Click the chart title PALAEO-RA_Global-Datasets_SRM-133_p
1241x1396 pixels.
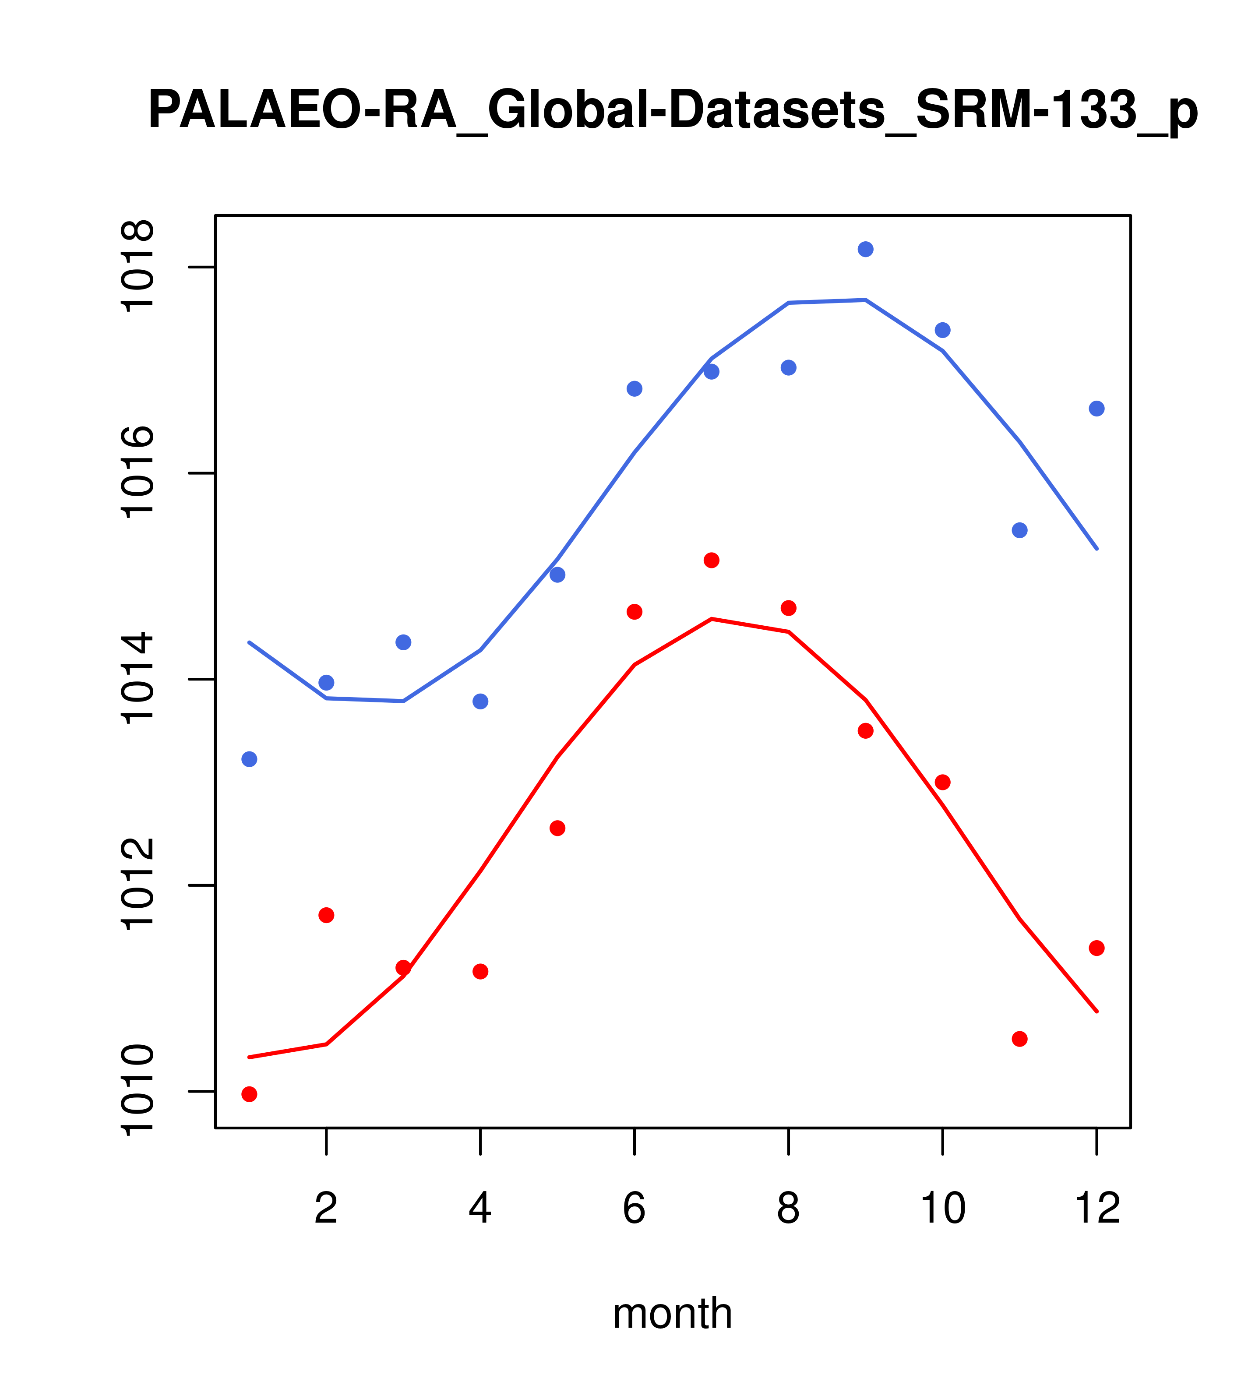point(673,111)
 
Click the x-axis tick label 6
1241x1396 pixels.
point(635,1209)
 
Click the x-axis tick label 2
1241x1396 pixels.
point(327,1209)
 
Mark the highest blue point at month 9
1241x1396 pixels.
point(865,249)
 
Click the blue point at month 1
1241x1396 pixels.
point(249,759)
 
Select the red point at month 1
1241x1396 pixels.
point(249,1094)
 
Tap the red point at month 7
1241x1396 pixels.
point(712,560)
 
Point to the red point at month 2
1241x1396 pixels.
point(327,915)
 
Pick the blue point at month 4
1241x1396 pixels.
point(481,702)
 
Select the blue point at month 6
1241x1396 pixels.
point(635,388)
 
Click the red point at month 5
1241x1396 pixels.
point(557,828)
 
